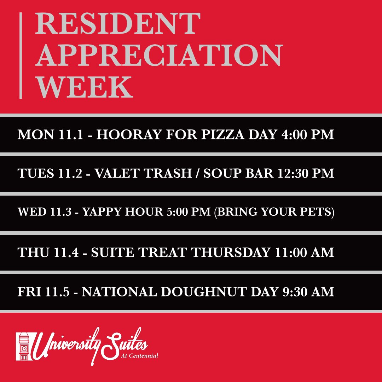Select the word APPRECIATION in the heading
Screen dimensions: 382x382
158,56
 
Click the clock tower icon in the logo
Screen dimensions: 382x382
24,346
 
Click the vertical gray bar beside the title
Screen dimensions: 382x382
21,56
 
